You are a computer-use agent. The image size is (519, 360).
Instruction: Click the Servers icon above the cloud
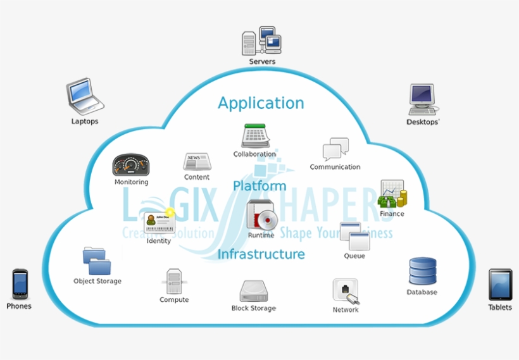(x=261, y=41)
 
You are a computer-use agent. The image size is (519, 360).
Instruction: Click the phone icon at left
(x=20, y=284)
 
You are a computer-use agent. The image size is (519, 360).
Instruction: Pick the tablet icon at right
(x=500, y=284)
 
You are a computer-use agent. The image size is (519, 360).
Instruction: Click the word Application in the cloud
(x=261, y=103)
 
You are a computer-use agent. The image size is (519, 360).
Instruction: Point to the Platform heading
(x=259, y=186)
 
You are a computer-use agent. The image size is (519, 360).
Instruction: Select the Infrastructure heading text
(x=261, y=254)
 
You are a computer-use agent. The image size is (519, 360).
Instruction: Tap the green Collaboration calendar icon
(x=256, y=136)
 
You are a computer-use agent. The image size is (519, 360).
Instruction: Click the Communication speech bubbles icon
(x=335, y=149)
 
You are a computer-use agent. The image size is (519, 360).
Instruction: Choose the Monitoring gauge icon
(x=131, y=165)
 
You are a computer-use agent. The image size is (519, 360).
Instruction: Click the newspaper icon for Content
(x=196, y=162)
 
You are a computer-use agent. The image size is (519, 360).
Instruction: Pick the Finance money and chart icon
(x=392, y=194)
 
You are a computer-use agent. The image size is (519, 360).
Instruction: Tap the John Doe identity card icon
(x=158, y=222)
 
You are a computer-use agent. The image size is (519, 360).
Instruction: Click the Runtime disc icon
(x=261, y=215)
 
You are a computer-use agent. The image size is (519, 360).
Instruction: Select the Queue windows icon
(x=354, y=236)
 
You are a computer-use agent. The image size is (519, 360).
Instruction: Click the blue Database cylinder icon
(x=422, y=271)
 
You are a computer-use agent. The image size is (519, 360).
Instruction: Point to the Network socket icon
(x=346, y=291)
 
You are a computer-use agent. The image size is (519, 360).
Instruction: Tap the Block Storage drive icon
(x=253, y=291)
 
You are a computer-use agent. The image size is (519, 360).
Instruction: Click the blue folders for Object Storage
(x=97, y=260)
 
